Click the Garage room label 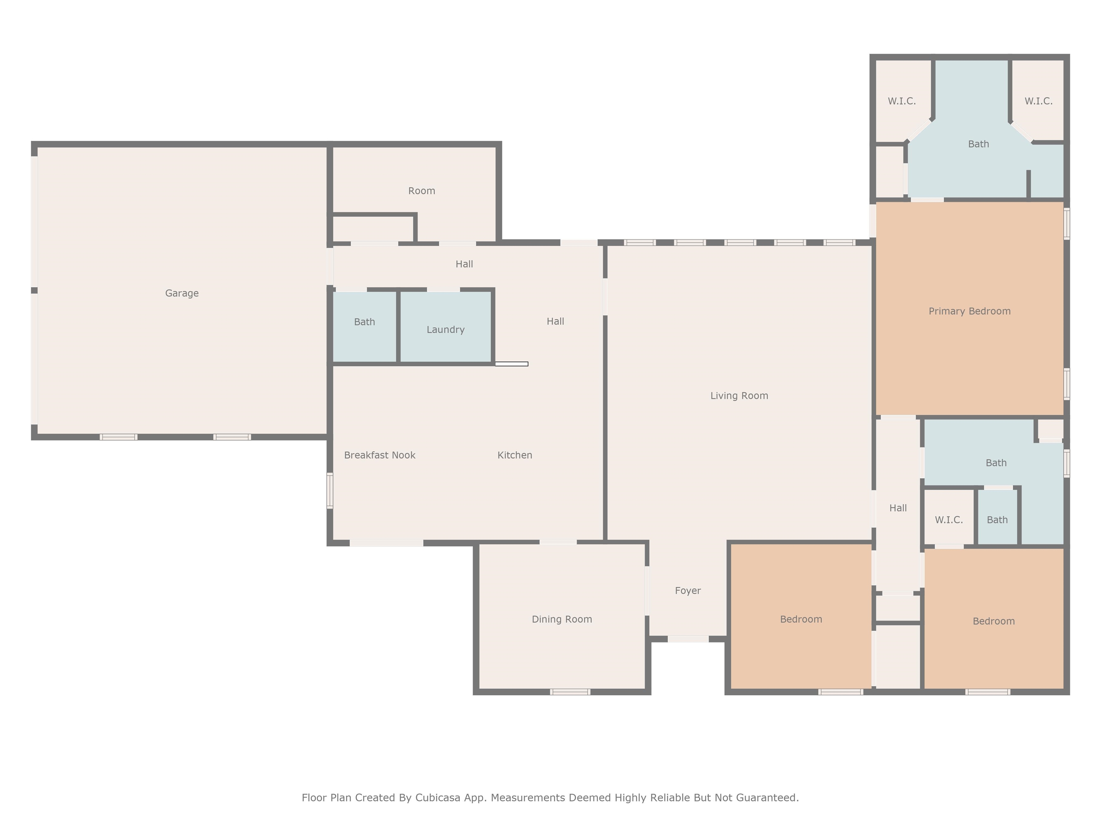point(182,293)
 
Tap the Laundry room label point(445,329)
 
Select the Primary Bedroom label point(969,311)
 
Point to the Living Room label point(739,396)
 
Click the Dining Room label point(562,619)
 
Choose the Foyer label point(688,591)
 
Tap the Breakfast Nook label point(380,455)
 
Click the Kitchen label point(515,455)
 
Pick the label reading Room point(421,191)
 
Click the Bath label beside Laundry point(364,322)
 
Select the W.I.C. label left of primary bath point(901,101)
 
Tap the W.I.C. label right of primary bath point(1038,101)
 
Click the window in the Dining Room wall point(570,692)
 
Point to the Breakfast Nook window point(329,490)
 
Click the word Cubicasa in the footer point(438,798)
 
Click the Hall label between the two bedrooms point(898,508)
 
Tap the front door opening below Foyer point(688,639)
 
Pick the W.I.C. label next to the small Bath point(949,520)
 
